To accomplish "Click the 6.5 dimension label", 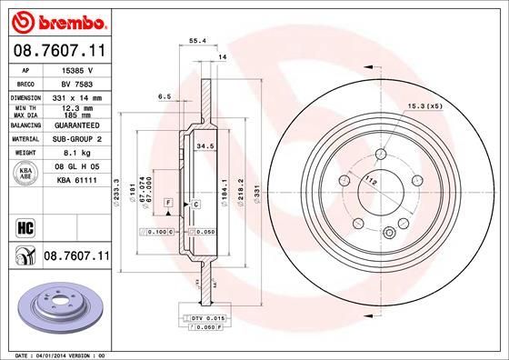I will [x=165, y=95].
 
